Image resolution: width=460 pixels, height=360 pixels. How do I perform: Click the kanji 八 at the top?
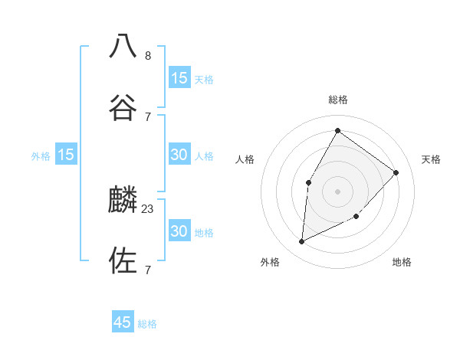coord(123,46)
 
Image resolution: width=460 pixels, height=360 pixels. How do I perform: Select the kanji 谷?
coord(123,106)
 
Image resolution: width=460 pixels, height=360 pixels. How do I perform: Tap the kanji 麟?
coord(123,200)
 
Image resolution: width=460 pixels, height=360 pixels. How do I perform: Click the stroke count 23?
coord(148,208)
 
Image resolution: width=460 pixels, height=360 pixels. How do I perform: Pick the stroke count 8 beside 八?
coord(148,55)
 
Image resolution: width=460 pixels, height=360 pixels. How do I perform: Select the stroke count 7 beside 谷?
coord(148,116)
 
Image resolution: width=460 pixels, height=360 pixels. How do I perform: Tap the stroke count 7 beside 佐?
coord(148,270)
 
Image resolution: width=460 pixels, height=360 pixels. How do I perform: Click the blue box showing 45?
coord(123,322)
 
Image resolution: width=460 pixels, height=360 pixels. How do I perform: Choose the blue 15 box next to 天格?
coord(179,78)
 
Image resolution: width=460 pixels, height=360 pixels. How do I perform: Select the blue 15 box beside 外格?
coord(66,155)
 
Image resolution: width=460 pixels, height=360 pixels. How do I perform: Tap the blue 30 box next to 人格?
coord(179,155)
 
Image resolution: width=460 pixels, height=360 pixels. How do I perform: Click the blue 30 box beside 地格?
coord(179,231)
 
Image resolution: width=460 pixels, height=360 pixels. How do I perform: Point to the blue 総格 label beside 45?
coord(147,324)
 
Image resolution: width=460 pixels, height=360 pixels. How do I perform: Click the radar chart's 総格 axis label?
coord(337,100)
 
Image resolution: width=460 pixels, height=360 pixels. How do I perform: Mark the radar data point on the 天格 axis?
coord(396,172)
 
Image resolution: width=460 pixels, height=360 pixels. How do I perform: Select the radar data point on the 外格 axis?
coord(301,242)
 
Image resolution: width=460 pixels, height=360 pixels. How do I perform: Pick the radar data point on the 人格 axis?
coord(308,182)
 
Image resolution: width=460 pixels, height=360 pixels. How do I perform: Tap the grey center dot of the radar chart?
coord(337,191)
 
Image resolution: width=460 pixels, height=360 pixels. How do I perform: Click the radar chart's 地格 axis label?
coord(402,263)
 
